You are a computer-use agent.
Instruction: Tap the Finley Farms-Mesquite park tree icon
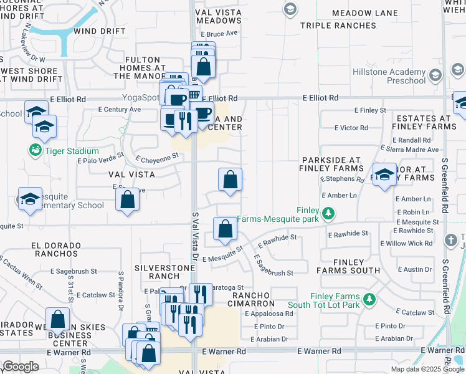(x=328, y=214)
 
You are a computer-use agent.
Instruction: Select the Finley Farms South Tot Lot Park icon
(x=369, y=300)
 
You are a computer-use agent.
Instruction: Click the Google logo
(x=21, y=366)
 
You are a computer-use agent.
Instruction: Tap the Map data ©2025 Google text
(x=427, y=369)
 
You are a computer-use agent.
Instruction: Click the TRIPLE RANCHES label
(x=338, y=26)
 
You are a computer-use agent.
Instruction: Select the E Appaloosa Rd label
(x=269, y=314)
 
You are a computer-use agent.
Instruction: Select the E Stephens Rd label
(x=342, y=180)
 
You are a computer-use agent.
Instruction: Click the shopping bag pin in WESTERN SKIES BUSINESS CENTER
(x=57, y=319)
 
